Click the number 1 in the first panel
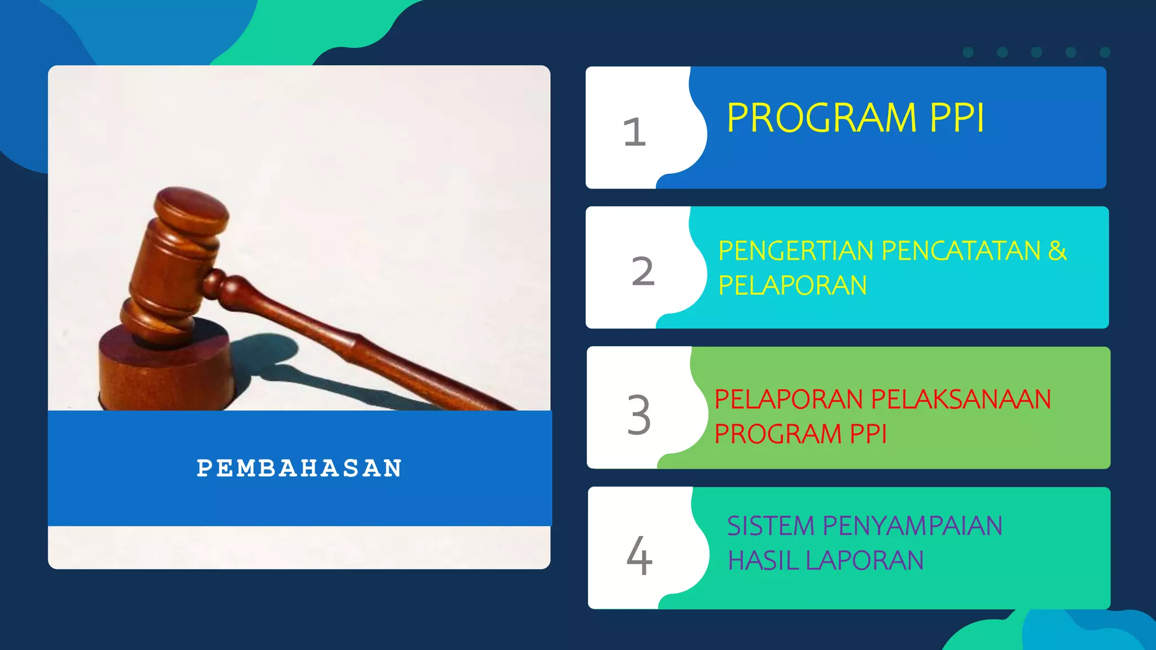634,132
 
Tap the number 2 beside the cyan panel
643,271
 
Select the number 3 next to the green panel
639,415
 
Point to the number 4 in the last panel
639,556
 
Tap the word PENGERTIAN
795,251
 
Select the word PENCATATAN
961,251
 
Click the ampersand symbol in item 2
1057,251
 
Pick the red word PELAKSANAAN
961,399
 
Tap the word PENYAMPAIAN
912,526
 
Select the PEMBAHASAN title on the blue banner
299,468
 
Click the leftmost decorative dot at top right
968,52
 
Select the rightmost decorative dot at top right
1105,52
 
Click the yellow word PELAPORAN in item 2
792,286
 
